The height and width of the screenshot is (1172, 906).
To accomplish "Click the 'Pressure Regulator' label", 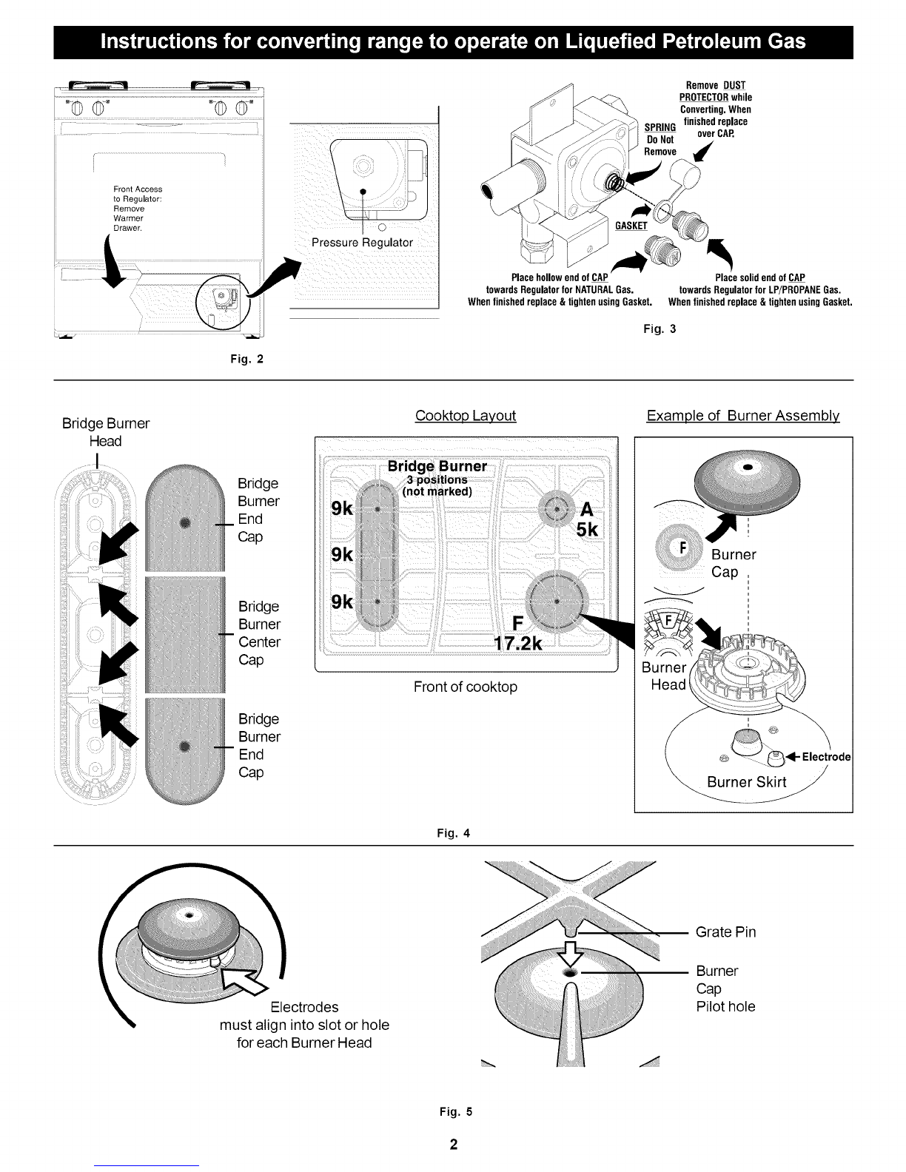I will point(363,243).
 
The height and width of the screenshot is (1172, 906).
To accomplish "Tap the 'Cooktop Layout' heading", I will point(466,416).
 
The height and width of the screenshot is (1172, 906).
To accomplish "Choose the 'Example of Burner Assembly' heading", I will point(743,416).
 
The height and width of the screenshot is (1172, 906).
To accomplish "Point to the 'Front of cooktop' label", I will point(466,687).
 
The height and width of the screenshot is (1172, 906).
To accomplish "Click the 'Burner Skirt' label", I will point(746,782).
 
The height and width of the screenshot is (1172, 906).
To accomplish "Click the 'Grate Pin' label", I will point(725,932).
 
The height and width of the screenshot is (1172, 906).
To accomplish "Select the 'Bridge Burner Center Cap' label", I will point(259,633).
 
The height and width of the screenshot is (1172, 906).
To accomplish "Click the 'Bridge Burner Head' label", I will point(106,432).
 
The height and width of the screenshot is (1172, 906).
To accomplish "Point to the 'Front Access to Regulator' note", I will point(138,209).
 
